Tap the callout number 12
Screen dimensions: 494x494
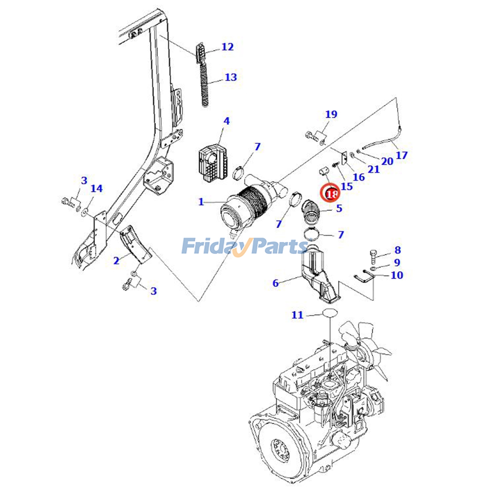click(x=228, y=47)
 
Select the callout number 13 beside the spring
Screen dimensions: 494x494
click(x=230, y=77)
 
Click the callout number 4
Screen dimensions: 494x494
click(x=226, y=121)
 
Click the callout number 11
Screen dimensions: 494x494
click(x=297, y=315)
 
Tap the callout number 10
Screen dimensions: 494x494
click(x=397, y=275)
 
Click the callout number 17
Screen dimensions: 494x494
click(x=401, y=155)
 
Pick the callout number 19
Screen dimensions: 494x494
click(x=331, y=115)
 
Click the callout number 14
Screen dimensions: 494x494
click(x=96, y=188)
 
